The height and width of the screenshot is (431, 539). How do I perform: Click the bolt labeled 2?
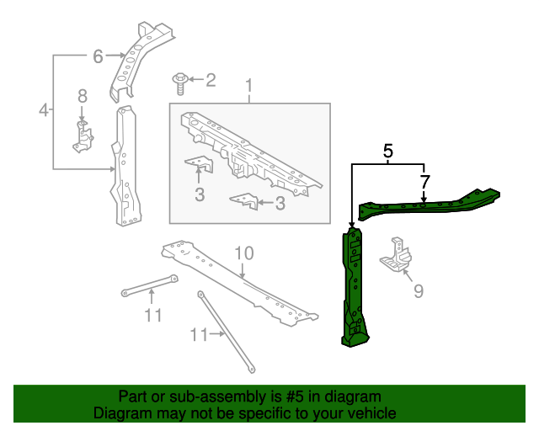179,83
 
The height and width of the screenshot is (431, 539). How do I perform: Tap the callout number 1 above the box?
249,86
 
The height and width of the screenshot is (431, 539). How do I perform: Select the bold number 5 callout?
387,151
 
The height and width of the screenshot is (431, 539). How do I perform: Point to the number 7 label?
424,182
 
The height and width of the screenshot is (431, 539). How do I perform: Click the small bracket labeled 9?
397,255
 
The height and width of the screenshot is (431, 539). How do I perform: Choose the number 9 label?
418,291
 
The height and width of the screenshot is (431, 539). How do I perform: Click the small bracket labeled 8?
83,136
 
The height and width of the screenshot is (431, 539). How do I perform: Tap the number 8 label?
83,96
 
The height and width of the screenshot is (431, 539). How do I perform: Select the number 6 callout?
98,56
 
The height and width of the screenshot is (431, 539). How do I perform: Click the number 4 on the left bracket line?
44,110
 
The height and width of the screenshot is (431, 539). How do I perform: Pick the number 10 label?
244,253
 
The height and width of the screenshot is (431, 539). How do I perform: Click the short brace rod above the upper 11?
150,285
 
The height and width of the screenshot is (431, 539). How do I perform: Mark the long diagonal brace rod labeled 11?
227,332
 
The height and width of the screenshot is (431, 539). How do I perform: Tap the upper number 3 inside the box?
200,194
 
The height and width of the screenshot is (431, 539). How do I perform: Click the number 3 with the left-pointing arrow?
280,203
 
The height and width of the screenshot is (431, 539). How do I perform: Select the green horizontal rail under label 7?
430,205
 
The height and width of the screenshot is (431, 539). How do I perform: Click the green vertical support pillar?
355,287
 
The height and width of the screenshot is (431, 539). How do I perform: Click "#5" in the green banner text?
295,396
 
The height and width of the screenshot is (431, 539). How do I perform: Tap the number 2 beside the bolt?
211,80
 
